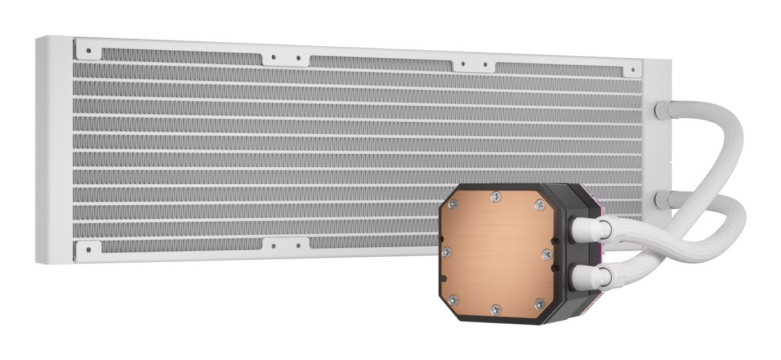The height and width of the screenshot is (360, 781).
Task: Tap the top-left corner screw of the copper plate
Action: (x=454, y=203)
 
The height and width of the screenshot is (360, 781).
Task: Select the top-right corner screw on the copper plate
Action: (x=540, y=205)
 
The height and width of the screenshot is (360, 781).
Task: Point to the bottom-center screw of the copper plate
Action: (x=496, y=309)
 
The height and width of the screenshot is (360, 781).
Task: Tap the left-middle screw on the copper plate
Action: (x=448, y=251)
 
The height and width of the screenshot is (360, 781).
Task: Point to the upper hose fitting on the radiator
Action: (x=662, y=110)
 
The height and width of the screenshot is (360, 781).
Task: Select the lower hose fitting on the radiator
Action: (x=662, y=199)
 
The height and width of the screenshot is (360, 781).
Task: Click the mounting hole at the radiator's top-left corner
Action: (x=88, y=51)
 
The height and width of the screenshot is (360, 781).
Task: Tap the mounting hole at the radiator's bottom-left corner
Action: (x=88, y=250)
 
